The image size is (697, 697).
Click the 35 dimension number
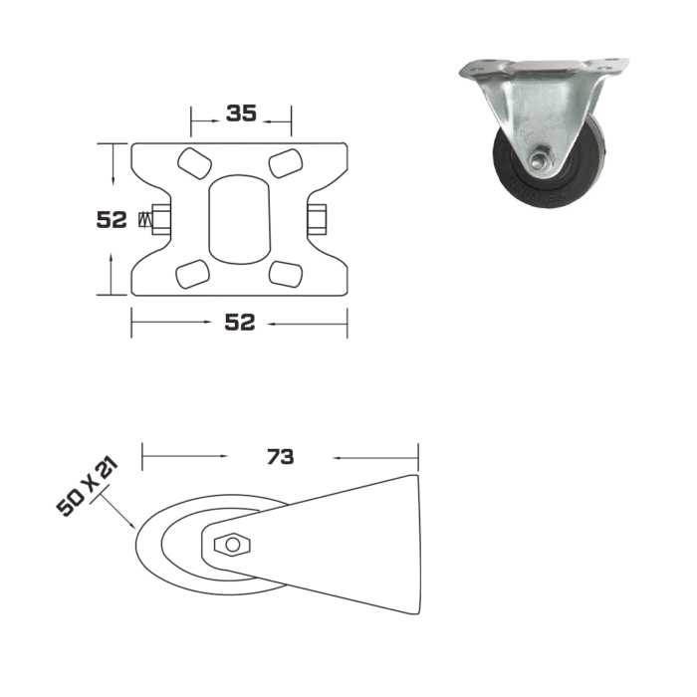point(241,113)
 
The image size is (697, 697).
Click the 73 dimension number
point(281,456)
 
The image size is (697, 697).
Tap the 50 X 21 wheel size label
point(88,487)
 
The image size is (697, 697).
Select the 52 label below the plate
point(240,323)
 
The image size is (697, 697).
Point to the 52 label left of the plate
point(112,220)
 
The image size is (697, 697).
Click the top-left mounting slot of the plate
point(194,163)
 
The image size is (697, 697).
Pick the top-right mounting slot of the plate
point(286,163)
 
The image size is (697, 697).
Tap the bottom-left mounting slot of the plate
point(193,274)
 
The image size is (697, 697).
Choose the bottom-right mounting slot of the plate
point(286,274)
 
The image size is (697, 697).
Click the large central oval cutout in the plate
point(240,219)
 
